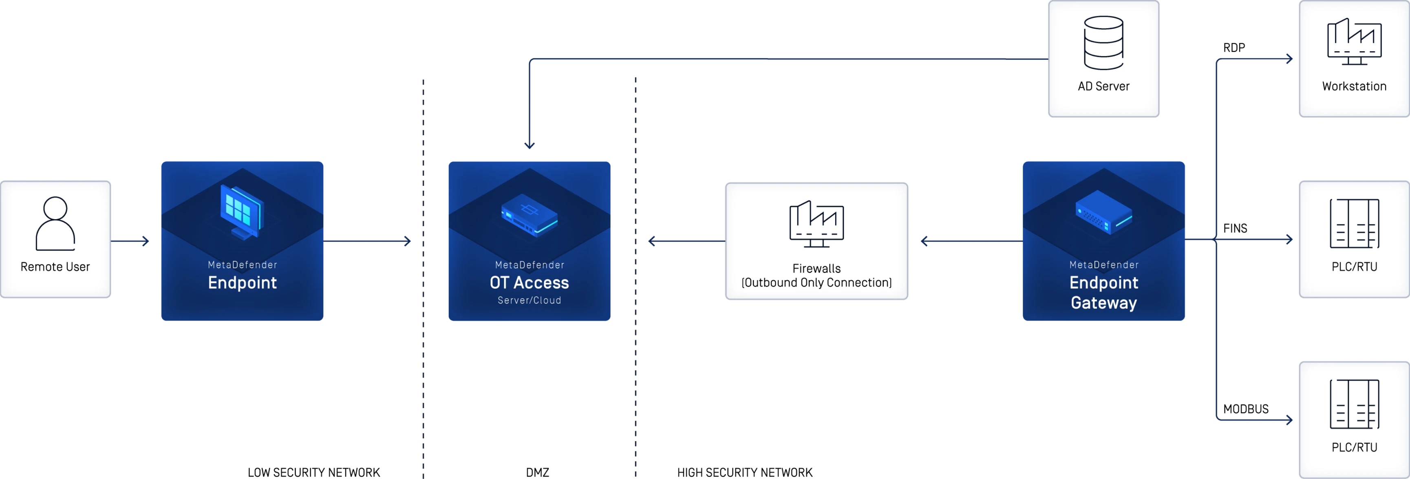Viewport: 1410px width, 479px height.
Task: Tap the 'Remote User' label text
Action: click(55, 267)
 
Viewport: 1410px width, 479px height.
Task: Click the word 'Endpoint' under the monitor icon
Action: click(243, 283)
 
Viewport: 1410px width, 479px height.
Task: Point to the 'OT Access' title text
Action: click(529, 283)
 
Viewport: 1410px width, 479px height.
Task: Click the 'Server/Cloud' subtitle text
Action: click(529, 300)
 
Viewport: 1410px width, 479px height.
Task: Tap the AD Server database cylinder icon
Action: click(1103, 43)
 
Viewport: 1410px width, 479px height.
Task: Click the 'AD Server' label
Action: click(1103, 86)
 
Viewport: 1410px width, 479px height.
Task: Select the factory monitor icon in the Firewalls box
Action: click(816, 224)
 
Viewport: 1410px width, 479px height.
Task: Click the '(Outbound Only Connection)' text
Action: click(816, 283)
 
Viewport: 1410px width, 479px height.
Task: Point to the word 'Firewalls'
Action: click(816, 268)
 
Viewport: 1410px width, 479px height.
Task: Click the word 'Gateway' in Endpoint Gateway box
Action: click(1103, 303)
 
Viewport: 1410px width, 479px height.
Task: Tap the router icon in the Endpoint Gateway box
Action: click(1103, 213)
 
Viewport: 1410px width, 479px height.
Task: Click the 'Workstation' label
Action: click(1354, 86)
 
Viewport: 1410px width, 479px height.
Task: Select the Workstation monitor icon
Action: click(1354, 42)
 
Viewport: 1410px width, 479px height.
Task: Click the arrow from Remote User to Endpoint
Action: click(130, 241)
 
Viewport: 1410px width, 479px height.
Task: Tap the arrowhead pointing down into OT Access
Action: click(529, 144)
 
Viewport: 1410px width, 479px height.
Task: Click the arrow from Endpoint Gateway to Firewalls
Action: click(971, 241)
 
